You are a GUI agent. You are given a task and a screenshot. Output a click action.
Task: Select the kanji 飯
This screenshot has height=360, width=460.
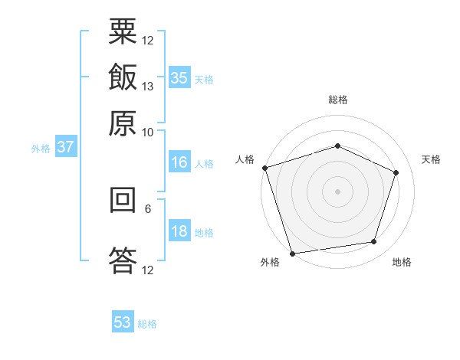[123, 78]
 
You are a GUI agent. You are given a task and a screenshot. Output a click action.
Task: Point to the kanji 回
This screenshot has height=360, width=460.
[123, 200]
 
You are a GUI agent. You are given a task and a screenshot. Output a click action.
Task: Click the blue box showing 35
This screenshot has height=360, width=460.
[179, 78]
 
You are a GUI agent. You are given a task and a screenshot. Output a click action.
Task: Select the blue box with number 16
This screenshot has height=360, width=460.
[179, 162]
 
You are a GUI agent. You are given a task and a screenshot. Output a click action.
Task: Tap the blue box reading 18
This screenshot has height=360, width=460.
[179, 232]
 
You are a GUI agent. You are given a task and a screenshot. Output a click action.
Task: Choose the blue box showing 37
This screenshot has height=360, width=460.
[65, 147]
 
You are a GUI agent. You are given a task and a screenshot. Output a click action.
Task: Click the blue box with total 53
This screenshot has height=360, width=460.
[123, 322]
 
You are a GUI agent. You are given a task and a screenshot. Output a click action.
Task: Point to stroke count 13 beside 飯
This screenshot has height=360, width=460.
[148, 86]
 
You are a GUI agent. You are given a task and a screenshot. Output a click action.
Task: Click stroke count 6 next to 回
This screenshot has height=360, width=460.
[148, 208]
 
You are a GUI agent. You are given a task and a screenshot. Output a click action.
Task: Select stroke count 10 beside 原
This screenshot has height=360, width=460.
[148, 131]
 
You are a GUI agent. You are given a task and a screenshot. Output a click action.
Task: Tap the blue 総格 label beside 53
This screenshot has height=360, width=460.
[147, 324]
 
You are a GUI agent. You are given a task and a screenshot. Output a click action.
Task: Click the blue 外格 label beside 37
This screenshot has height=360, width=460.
[41, 149]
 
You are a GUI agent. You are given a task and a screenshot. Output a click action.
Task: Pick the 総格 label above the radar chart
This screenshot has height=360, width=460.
[337, 100]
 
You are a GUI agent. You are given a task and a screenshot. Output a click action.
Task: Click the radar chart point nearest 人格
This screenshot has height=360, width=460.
[264, 167]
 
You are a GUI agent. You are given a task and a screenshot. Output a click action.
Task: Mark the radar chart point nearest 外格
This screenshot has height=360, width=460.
[293, 253]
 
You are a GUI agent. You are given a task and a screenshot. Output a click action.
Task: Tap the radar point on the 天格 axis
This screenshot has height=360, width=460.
[396, 172]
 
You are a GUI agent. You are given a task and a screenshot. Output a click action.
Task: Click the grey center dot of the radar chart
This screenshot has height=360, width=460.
[337, 191]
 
